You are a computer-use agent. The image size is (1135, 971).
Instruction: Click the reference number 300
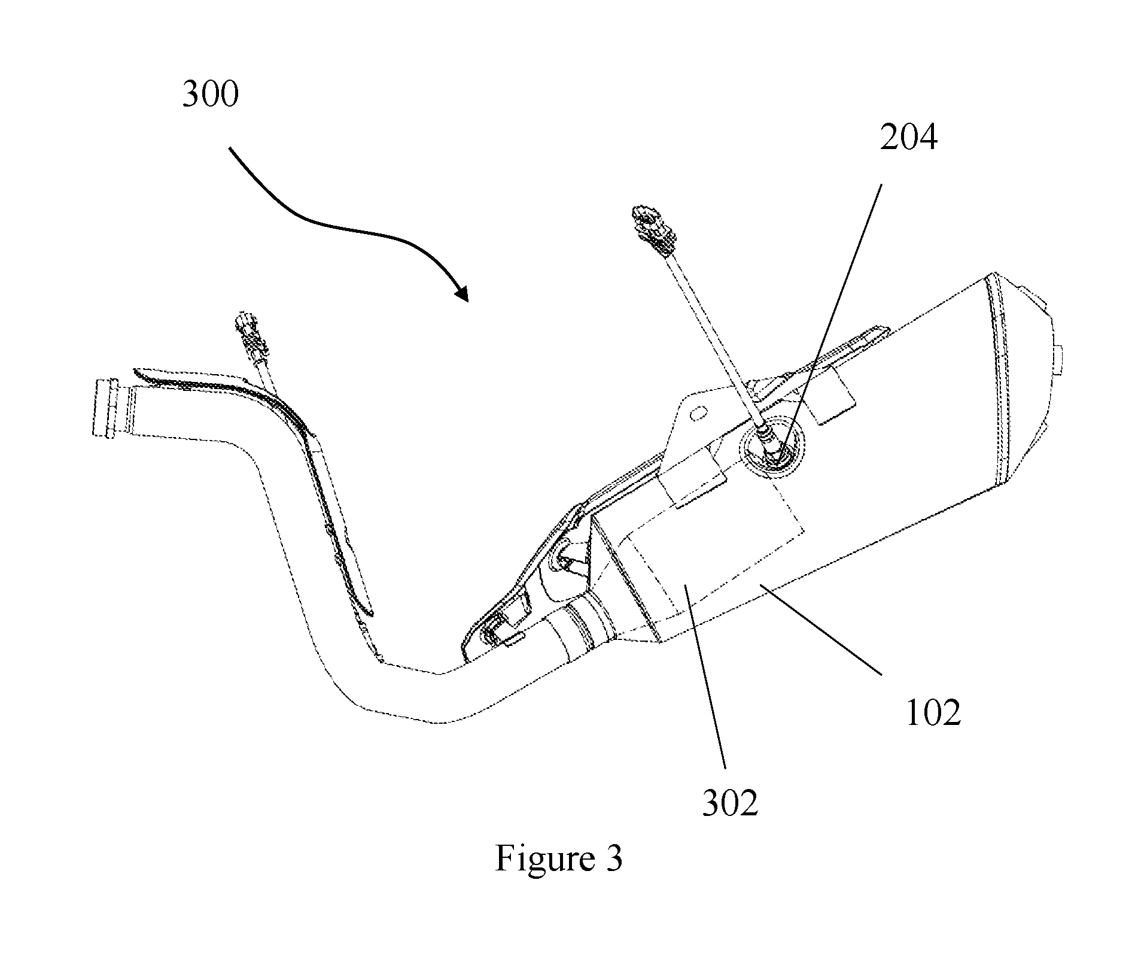click(210, 95)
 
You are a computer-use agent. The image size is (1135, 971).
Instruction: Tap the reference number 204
click(908, 138)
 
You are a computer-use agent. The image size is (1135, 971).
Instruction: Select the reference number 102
click(933, 712)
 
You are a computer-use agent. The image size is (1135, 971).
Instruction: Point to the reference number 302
click(729, 803)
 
